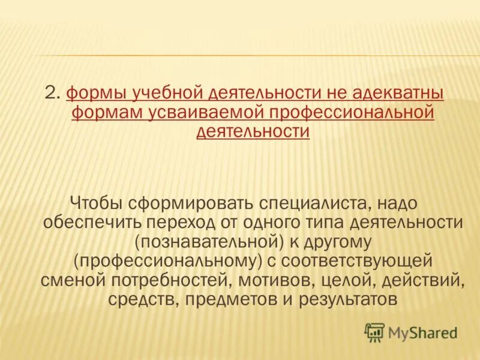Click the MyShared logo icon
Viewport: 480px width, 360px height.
374,332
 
